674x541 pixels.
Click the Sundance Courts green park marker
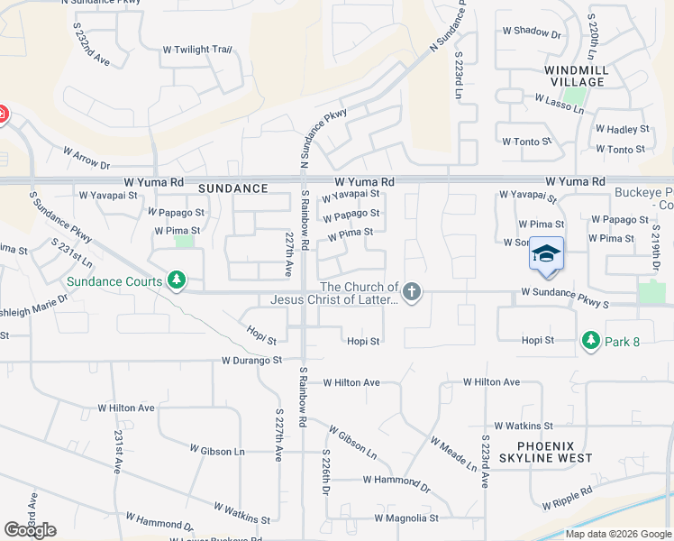click(x=178, y=281)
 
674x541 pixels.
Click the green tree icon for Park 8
click(x=590, y=340)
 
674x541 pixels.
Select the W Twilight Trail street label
click(x=196, y=50)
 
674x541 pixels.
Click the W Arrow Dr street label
click(x=87, y=159)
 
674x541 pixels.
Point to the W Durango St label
click(x=252, y=361)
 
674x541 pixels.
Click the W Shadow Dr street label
click(x=532, y=32)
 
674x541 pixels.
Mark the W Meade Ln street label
click(x=453, y=454)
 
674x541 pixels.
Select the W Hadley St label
click(x=622, y=130)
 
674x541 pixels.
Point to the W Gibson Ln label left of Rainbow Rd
click(x=217, y=449)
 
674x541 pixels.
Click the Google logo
click(x=30, y=530)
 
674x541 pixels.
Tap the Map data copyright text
click(x=618, y=534)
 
